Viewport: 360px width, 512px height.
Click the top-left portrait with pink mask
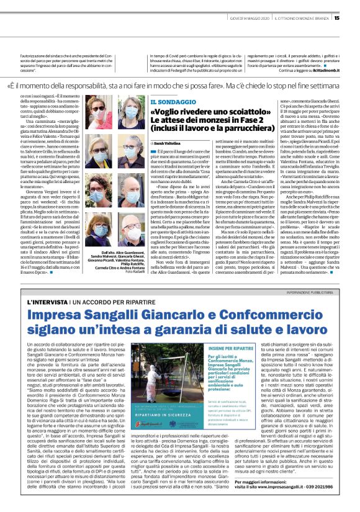pos(96,109)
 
